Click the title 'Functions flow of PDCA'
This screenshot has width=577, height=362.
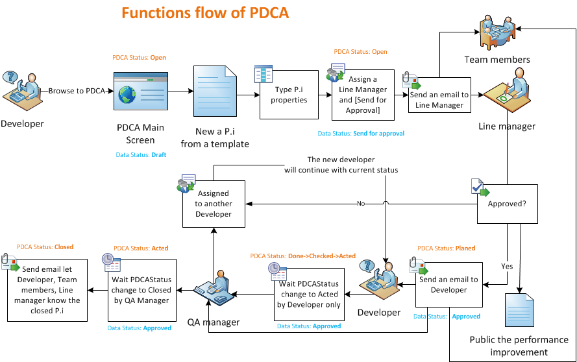[x=205, y=13]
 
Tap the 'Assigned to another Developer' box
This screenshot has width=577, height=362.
[x=214, y=204]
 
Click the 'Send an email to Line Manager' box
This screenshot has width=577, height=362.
[x=439, y=96]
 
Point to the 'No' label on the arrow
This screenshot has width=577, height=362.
[x=361, y=204]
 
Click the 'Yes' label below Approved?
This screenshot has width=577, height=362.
[x=507, y=266]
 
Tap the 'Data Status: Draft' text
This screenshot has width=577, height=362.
[x=141, y=155]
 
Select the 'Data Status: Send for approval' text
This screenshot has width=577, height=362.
[x=361, y=134]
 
